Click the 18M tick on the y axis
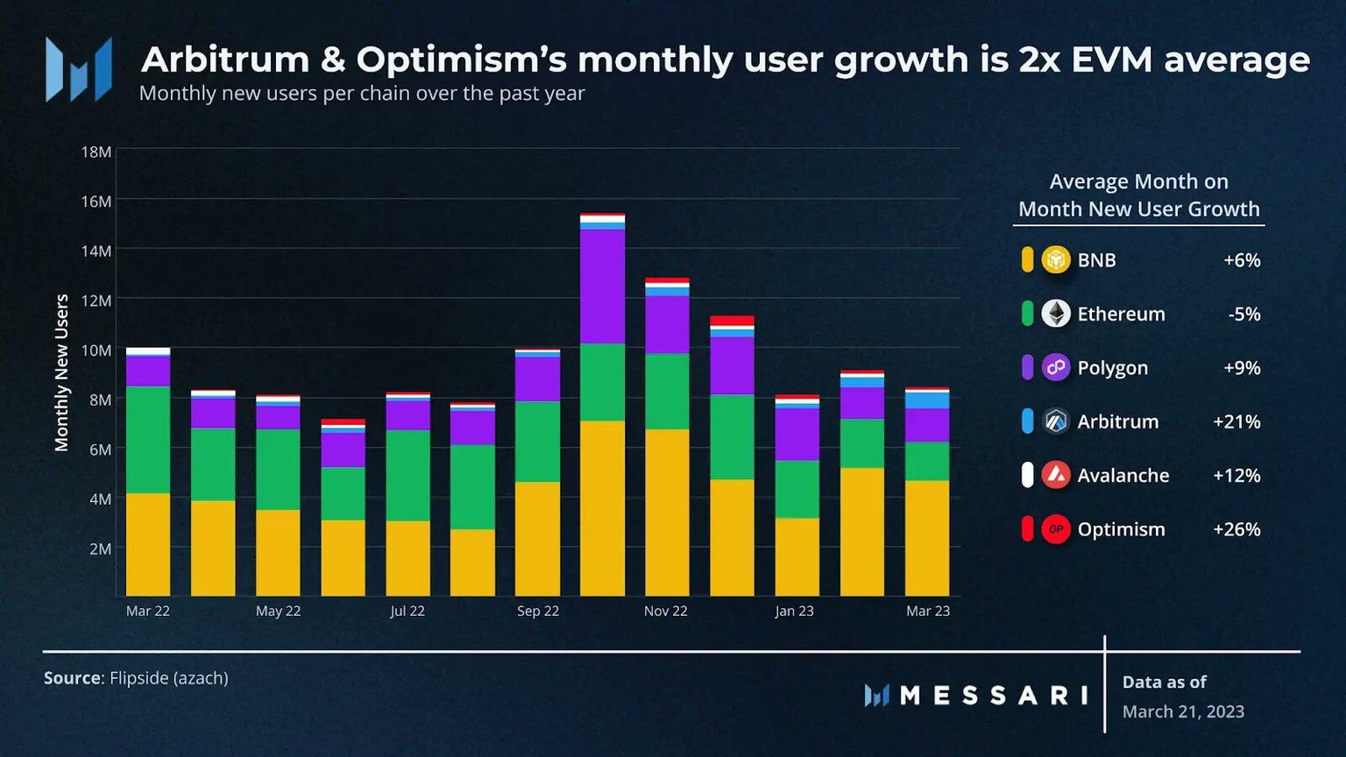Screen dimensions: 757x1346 [x=96, y=152]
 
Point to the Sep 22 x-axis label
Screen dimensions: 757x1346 [x=537, y=611]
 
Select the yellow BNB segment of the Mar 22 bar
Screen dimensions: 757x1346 [x=148, y=544]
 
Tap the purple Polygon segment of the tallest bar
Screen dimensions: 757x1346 [x=602, y=286]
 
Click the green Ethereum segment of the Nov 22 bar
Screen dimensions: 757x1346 [x=667, y=391]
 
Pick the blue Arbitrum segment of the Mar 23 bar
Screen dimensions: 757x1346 [x=927, y=400]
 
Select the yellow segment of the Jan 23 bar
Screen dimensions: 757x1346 [x=797, y=556]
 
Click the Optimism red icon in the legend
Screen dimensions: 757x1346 [x=1056, y=529]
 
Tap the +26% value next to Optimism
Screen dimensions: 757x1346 [x=1236, y=529]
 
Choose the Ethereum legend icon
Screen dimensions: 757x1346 [x=1056, y=314]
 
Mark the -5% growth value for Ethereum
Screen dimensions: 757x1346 [x=1243, y=314]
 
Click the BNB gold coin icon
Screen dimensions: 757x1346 [x=1056, y=260]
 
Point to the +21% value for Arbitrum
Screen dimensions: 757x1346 [x=1236, y=421]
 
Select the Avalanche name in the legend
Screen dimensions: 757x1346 [x=1123, y=476]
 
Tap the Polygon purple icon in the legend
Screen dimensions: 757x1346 [x=1056, y=368]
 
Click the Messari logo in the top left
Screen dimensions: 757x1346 [x=79, y=69]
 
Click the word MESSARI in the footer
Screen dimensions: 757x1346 [x=994, y=696]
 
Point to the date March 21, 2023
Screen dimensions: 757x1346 [x=1183, y=711]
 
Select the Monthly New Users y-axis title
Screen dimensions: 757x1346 [x=61, y=372]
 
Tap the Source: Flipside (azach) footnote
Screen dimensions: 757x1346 [x=136, y=678]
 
